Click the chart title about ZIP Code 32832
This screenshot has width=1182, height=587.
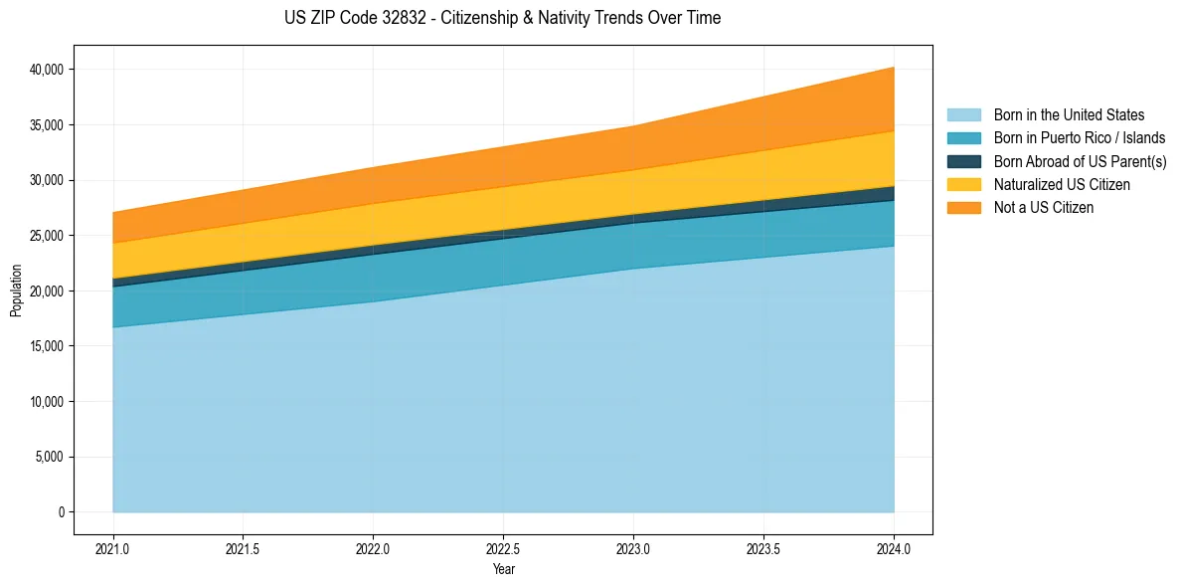point(502,18)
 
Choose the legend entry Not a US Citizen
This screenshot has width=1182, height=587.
point(1043,208)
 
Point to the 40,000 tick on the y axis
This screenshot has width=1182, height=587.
point(48,70)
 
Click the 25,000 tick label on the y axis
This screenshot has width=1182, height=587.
point(48,236)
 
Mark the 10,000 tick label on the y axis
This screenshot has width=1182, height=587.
point(48,402)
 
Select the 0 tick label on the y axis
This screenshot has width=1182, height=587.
point(61,512)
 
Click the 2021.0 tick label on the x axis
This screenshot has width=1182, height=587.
point(113,548)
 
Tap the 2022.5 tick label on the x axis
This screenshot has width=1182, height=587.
point(503,548)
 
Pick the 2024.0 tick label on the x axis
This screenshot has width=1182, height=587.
point(894,548)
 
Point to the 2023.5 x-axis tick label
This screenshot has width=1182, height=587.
point(763,548)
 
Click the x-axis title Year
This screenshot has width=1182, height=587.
point(503,569)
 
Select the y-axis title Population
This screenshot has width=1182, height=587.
point(16,291)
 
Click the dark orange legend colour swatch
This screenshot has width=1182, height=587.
point(963,208)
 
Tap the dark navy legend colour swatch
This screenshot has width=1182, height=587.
point(963,161)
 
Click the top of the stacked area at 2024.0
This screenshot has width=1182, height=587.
point(894,68)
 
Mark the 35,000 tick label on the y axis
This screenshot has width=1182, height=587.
point(48,125)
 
